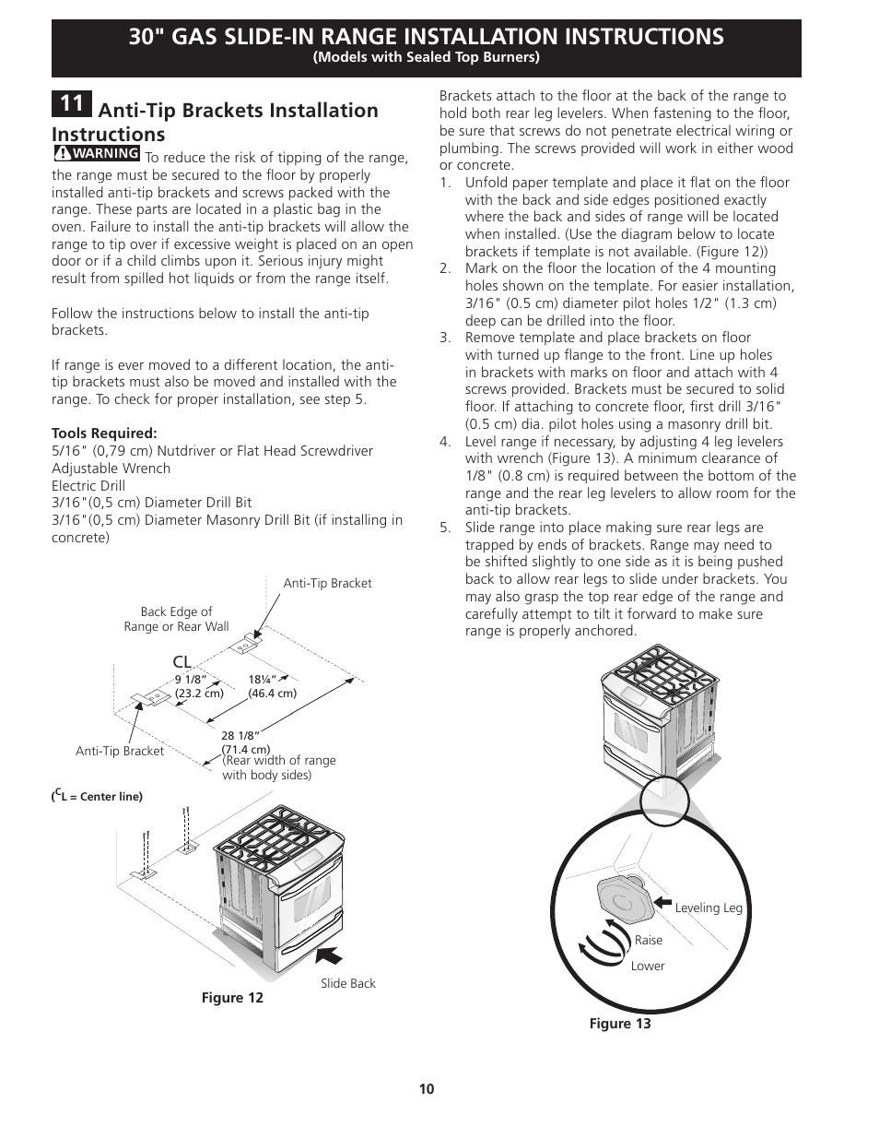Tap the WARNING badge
point(97,153)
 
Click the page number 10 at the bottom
point(426,1089)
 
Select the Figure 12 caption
point(232,998)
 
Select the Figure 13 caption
point(620,1024)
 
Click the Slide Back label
point(347,983)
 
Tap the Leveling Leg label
point(708,908)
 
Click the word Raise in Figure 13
point(648,940)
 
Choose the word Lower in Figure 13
point(647,966)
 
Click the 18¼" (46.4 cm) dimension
point(272,686)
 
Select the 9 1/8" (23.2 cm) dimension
point(199,686)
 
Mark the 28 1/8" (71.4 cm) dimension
point(245,742)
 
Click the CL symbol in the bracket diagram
point(182,662)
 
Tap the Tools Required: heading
point(104,433)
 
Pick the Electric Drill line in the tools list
point(88,485)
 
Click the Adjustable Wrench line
point(111,468)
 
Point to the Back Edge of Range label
point(176,619)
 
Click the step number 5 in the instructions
point(445,528)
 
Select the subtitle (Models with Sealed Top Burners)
point(426,57)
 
